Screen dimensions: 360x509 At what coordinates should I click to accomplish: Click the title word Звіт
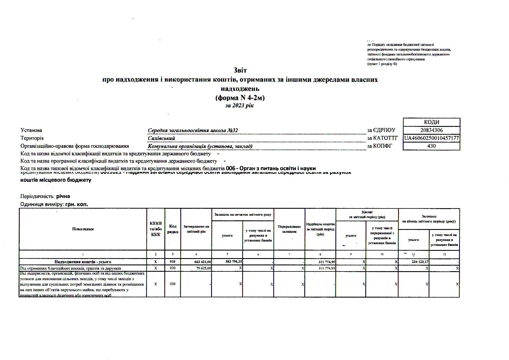click(240, 71)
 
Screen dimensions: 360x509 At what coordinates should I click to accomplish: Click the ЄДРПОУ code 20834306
click(431, 130)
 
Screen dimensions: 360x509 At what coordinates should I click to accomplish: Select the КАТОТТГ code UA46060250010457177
click(431, 138)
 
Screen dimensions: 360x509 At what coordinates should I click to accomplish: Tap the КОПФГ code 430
click(431, 146)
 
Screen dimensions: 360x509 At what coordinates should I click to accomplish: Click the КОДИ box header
click(431, 122)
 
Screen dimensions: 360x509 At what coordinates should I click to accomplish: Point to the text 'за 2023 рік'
click(240, 106)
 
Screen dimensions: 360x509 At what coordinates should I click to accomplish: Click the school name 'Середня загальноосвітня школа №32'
click(193, 131)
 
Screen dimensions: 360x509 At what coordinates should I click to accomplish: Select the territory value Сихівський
click(161, 138)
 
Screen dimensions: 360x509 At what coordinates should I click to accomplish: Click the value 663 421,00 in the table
click(203, 262)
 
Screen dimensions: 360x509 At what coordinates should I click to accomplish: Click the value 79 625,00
click(204, 268)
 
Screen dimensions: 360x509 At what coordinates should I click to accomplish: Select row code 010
click(172, 262)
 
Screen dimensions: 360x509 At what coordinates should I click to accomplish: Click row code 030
click(172, 284)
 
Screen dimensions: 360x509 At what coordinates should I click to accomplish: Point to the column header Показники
click(83, 229)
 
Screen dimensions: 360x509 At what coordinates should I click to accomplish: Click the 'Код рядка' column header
click(173, 229)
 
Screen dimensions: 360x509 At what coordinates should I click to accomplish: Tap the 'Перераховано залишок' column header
click(289, 229)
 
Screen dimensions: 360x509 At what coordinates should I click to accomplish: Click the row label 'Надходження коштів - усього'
click(83, 262)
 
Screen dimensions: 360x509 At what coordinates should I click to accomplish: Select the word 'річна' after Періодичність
click(63, 196)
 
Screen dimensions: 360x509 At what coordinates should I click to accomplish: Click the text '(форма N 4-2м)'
click(240, 98)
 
